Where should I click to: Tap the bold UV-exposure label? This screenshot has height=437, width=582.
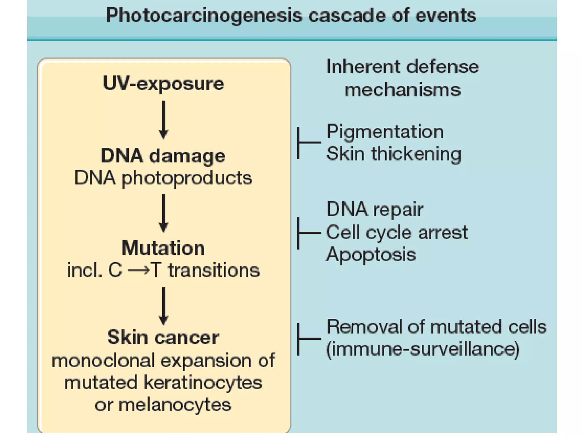click(x=163, y=84)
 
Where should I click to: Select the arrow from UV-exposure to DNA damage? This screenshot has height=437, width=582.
click(x=163, y=120)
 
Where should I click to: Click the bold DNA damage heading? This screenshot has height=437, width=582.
click(x=163, y=156)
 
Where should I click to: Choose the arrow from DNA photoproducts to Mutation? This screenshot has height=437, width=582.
click(x=163, y=213)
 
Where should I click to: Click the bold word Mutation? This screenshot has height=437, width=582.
click(x=163, y=248)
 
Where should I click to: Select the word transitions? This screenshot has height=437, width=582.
click(x=214, y=270)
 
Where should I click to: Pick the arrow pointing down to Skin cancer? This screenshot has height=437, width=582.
click(x=163, y=306)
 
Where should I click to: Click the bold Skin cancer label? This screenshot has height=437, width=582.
click(x=163, y=338)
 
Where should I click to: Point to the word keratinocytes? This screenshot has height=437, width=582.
click(x=203, y=383)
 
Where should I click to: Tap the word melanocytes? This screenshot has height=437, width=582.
click(x=175, y=405)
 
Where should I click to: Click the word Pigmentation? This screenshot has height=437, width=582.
click(x=385, y=132)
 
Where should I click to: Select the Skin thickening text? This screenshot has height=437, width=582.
click(x=394, y=154)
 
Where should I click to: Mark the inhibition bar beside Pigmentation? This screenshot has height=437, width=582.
click(x=308, y=143)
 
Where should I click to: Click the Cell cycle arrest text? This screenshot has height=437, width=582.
click(x=397, y=232)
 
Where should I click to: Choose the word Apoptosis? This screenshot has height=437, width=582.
click(x=371, y=254)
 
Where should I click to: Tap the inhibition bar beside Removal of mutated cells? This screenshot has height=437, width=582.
click(x=308, y=339)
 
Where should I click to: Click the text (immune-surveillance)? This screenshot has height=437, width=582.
click(x=423, y=349)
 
